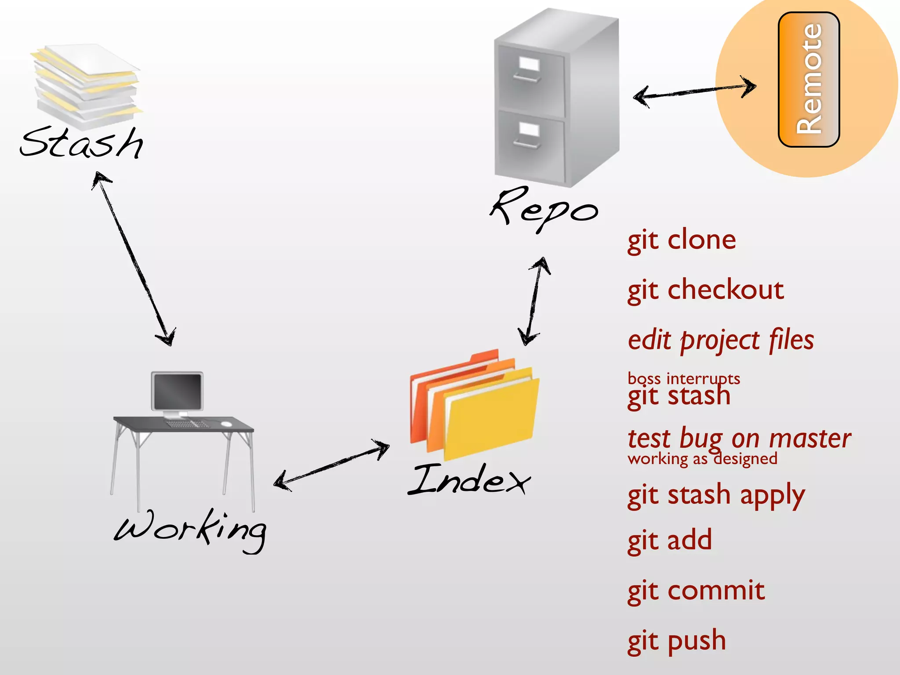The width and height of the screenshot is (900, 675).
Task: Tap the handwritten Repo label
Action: [x=544, y=209]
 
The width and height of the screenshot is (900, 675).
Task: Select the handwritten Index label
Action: [x=469, y=480]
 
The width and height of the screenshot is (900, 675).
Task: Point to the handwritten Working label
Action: [x=190, y=530]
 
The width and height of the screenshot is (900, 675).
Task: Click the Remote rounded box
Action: [x=809, y=80]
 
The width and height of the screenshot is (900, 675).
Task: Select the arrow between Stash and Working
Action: [x=134, y=259]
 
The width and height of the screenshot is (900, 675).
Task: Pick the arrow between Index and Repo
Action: [x=534, y=301]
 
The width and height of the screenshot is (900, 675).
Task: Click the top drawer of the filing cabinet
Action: [x=531, y=81]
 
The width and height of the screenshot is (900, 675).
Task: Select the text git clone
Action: [x=682, y=241]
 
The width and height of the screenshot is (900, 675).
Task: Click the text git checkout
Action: [x=706, y=290]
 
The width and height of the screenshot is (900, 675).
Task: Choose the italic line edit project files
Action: [x=721, y=341]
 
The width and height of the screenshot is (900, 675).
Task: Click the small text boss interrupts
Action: [x=684, y=378]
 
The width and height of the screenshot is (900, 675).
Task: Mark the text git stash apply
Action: [x=716, y=496]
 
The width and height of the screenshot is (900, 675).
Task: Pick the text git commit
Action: [x=696, y=591]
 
